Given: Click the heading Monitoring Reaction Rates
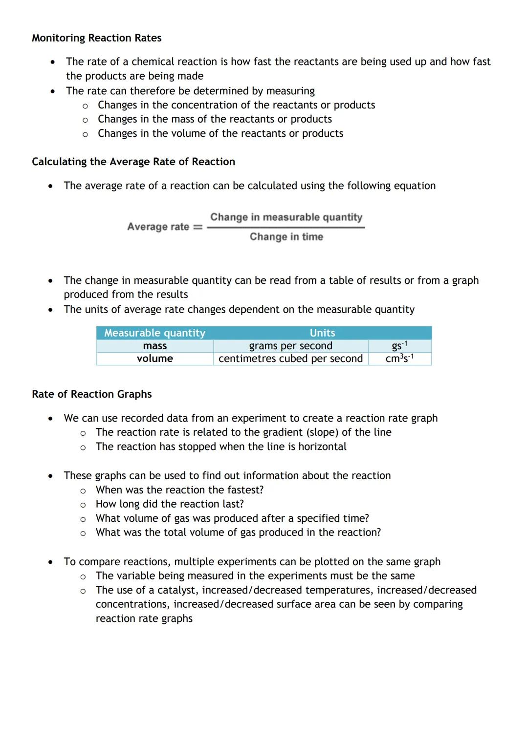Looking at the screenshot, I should coord(96,38).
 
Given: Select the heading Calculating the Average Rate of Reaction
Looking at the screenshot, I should coord(133,162).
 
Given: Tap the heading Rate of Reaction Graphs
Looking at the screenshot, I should coord(91,394).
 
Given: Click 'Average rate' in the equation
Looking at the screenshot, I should coord(158,227).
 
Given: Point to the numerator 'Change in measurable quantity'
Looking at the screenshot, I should coord(286,217).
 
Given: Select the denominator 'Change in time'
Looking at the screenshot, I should coord(286,237).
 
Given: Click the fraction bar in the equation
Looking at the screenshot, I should coord(286,228).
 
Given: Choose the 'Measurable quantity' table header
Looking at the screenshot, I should coord(154,333).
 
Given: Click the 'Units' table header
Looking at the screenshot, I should coord(322,333).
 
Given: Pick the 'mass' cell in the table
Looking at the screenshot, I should coord(154,346).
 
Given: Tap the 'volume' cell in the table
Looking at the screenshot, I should coord(154,359).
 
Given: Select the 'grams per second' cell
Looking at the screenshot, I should coord(290,346).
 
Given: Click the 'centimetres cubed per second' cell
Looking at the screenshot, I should coord(290,359).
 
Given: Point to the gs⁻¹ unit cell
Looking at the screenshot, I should coord(399,346).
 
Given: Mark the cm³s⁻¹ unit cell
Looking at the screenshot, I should coord(399,359).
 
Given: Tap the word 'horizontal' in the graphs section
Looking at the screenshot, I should coord(322,447).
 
